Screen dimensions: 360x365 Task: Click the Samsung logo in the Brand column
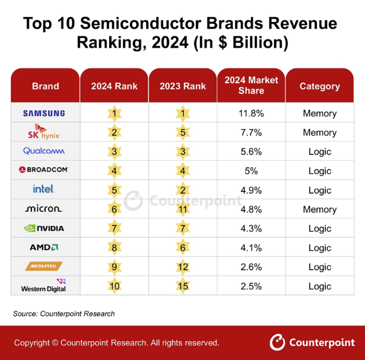tap(44, 113)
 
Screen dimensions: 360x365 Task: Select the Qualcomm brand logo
tap(44, 151)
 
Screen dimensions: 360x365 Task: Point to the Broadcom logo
tap(44, 170)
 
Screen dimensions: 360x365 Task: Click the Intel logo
tap(44, 189)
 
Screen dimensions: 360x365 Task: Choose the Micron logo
tap(44, 209)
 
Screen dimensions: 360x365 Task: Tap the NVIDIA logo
tap(44, 228)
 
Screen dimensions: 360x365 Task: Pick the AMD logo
tap(44, 247)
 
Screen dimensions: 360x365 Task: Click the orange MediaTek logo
tap(44, 266)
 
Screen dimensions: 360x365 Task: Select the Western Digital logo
tap(44, 285)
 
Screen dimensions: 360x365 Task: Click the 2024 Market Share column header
tap(251, 85)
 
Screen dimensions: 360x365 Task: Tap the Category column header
tap(320, 86)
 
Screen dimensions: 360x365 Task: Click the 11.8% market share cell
tap(251, 113)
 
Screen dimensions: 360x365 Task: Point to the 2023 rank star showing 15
tap(182, 285)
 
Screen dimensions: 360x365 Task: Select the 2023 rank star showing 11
tap(182, 209)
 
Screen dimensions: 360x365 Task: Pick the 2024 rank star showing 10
tap(114, 285)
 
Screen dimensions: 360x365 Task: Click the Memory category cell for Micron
tap(320, 209)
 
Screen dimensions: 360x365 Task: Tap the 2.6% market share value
tap(251, 267)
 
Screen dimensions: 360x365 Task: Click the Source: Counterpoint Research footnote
tap(63, 314)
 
